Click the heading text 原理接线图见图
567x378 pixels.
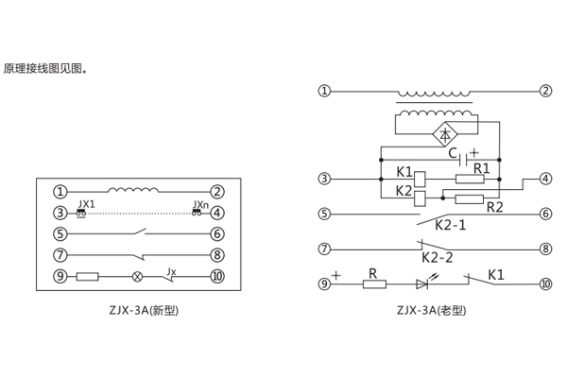[43, 68]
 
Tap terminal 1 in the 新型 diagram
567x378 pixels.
[60, 192]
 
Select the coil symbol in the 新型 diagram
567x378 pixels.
[132, 190]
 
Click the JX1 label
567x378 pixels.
[87, 204]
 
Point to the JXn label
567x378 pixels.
[199, 204]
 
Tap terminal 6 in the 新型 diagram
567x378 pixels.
[216, 233]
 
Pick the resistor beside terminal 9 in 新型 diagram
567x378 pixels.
[87, 277]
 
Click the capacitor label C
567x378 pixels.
[453, 152]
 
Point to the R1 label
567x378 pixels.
[481, 168]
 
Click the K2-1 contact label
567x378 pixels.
[450, 226]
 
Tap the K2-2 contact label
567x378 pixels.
[437, 257]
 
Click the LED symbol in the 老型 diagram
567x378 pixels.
[422, 283]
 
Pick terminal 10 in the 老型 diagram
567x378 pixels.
[544, 283]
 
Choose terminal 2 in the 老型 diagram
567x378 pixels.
[545, 92]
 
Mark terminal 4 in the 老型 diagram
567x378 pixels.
[545, 178]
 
